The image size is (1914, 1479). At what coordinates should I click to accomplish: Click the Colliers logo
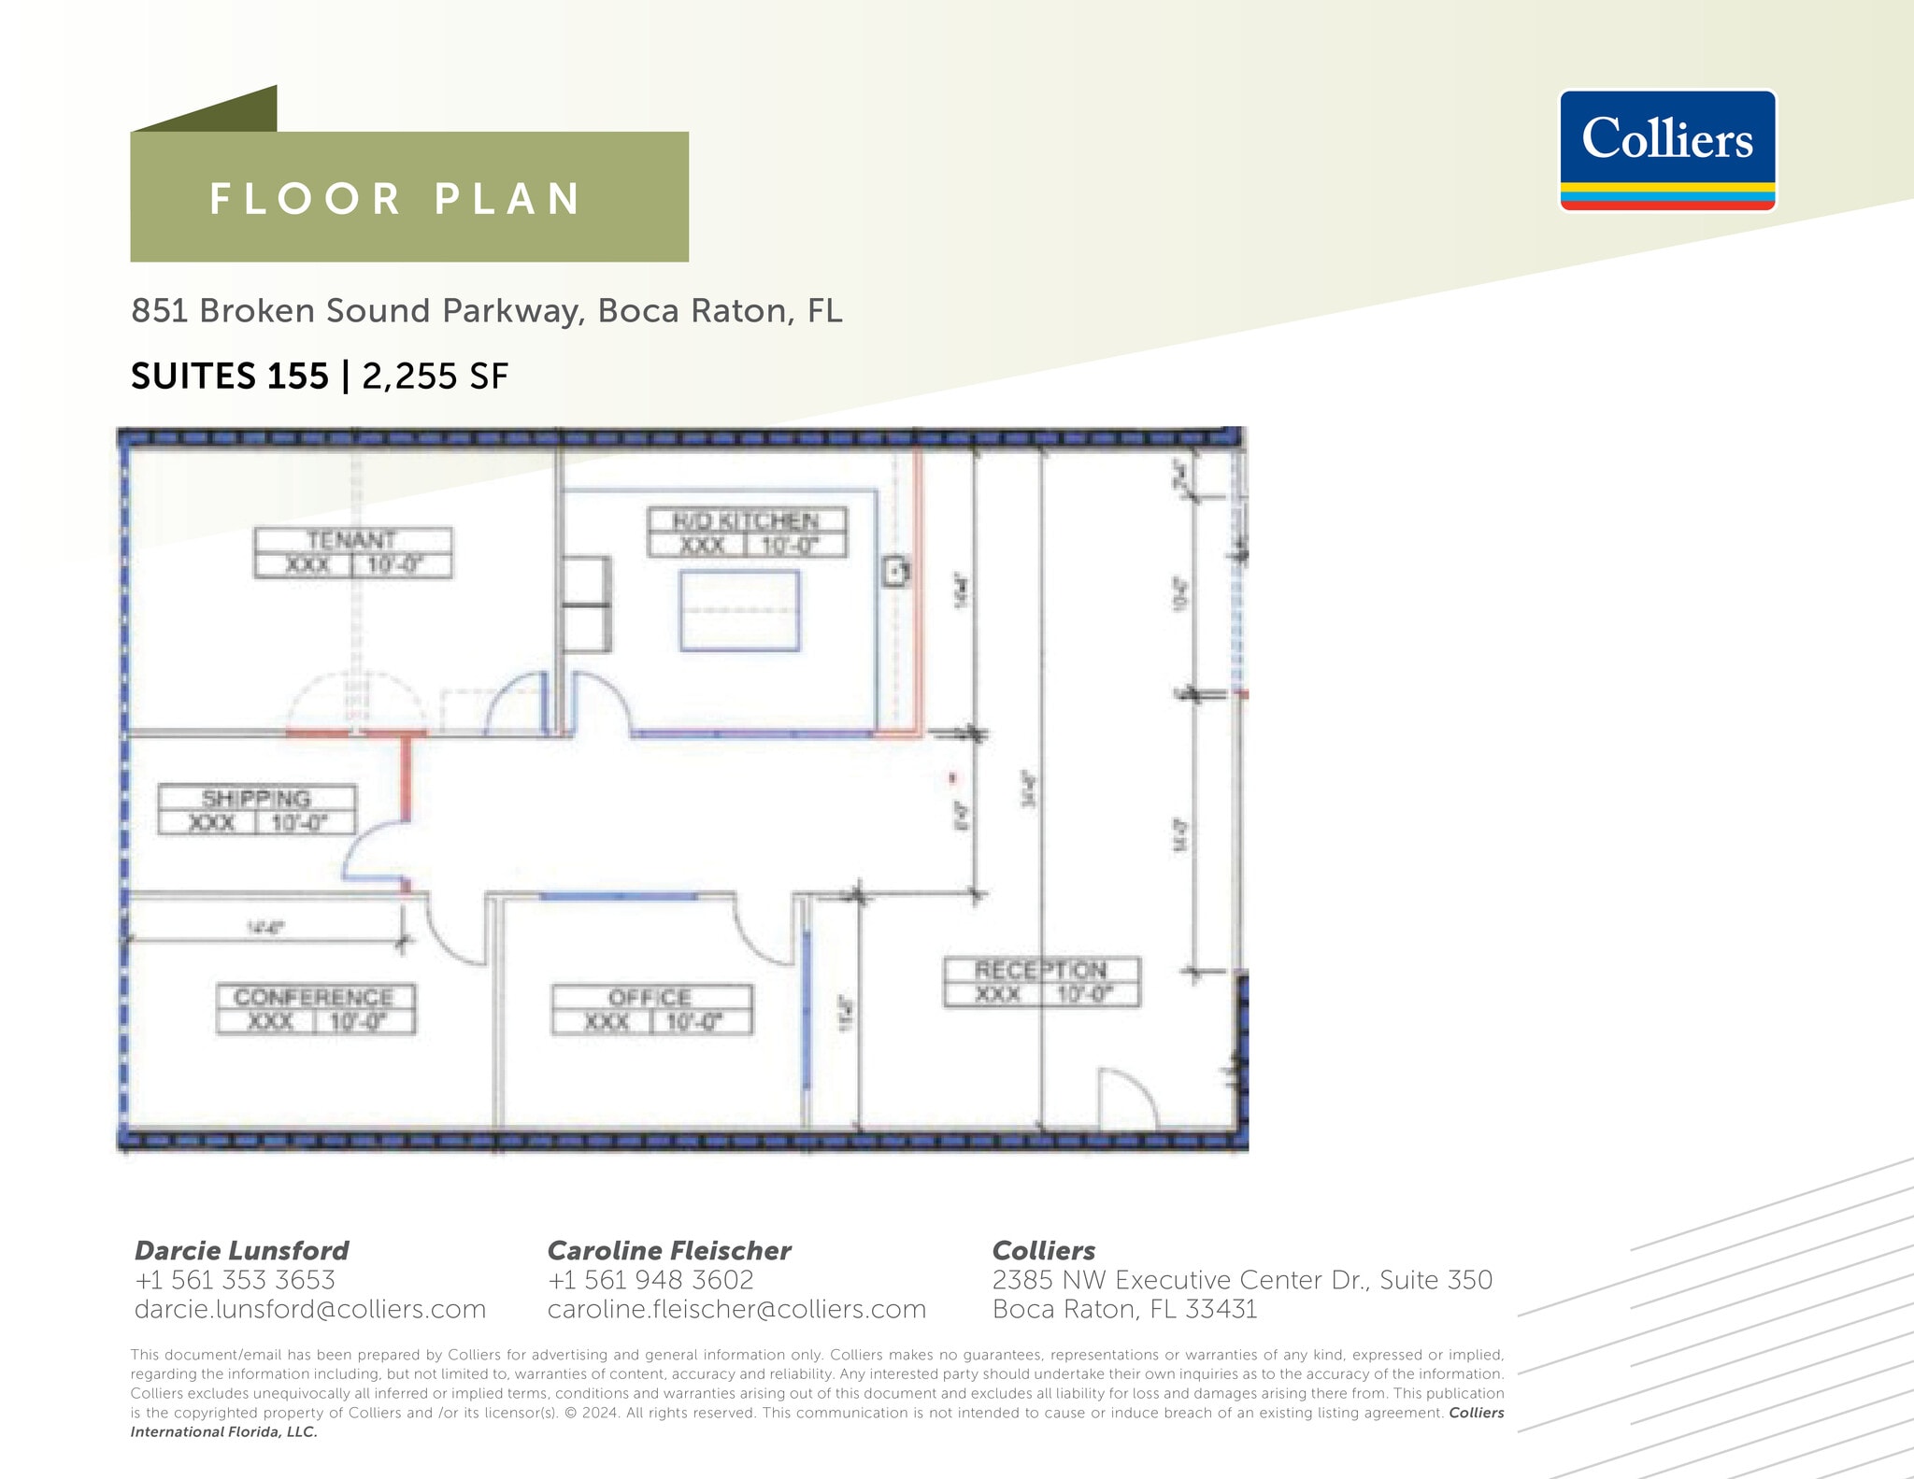[1667, 149]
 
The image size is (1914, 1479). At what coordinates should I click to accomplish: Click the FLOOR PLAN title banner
[408, 197]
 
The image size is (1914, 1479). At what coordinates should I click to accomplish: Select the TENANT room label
[352, 552]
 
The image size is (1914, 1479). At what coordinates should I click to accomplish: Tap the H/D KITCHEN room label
[747, 533]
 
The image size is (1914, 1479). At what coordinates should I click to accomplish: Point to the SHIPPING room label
[256, 810]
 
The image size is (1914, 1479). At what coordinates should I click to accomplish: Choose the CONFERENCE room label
[315, 1009]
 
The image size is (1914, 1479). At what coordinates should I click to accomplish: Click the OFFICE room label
[651, 1010]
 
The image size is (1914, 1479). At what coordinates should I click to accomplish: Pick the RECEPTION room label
[1041, 982]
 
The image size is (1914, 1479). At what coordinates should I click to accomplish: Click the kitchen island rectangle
[739, 611]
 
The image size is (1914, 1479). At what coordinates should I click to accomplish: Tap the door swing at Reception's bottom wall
[1126, 1098]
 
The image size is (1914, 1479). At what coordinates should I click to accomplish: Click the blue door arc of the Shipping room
[369, 850]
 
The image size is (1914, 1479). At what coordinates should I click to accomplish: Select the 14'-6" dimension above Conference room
[265, 928]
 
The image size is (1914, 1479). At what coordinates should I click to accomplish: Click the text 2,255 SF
[435, 377]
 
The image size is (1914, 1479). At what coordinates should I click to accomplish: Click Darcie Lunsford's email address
[309, 1309]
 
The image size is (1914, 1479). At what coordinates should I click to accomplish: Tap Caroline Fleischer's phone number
[650, 1280]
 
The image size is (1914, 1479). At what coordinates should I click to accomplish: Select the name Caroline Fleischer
[668, 1250]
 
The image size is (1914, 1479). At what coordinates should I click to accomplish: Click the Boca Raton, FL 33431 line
[1124, 1309]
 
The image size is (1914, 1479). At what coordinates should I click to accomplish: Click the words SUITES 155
[230, 377]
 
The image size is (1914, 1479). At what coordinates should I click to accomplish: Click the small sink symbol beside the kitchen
[895, 571]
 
